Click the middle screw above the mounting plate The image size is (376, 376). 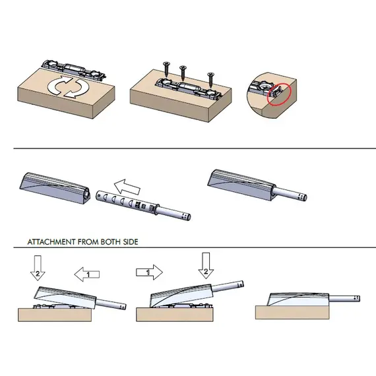[x=183, y=73]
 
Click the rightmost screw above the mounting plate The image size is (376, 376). [x=211, y=80]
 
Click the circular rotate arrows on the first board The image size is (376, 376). [x=69, y=86]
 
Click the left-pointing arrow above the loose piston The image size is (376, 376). [x=127, y=187]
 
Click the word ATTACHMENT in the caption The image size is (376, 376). [x=51, y=241]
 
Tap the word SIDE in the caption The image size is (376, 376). [x=131, y=241]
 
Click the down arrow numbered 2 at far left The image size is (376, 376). [x=38, y=267]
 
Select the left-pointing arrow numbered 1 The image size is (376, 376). [x=87, y=274]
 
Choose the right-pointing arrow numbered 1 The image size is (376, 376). [x=149, y=272]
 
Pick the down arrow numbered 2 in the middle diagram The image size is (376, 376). [x=206, y=266]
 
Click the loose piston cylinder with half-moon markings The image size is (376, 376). [x=127, y=201]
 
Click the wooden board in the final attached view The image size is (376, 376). [x=292, y=312]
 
